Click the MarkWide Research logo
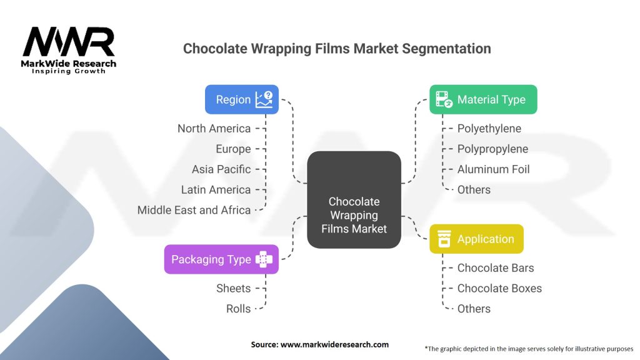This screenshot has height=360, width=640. pyautogui.click(x=69, y=50)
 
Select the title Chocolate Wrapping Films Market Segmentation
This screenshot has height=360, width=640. pyautogui.click(x=336, y=48)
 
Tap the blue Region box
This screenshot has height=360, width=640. pyautogui.click(x=242, y=99)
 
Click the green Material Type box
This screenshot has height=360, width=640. pyautogui.click(x=482, y=99)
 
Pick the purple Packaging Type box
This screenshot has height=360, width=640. pyautogui.click(x=221, y=259)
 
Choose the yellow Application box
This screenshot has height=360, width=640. pyautogui.click(x=476, y=239)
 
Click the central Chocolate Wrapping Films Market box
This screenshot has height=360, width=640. pyautogui.click(x=354, y=216)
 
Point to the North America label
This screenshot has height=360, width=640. pyautogui.click(x=214, y=129)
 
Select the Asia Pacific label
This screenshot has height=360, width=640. pyautogui.click(x=221, y=169)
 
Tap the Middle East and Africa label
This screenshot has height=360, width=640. pyautogui.click(x=194, y=210)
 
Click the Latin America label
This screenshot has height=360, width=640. pyautogui.click(x=216, y=190)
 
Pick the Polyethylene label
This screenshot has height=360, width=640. pyautogui.click(x=489, y=129)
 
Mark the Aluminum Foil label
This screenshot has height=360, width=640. pyautogui.click(x=493, y=169)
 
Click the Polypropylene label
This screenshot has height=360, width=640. pyautogui.click(x=492, y=149)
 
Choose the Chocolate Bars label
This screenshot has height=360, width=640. pyautogui.click(x=496, y=268)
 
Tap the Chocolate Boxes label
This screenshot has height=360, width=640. pyautogui.click(x=499, y=288)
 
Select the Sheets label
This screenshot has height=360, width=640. pyautogui.click(x=233, y=288)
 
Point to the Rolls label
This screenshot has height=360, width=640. pyautogui.click(x=238, y=309)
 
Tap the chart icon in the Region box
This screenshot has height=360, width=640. pyautogui.click(x=264, y=99)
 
